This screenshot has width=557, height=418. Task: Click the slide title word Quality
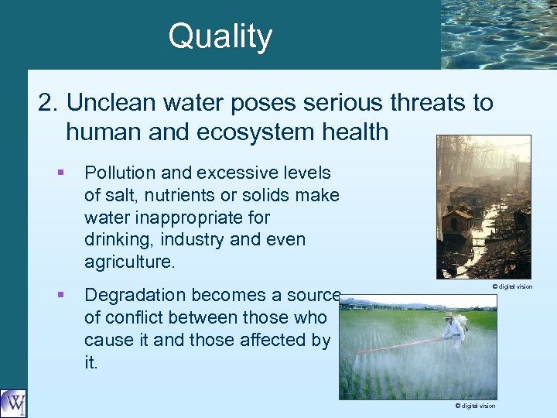pyautogui.click(x=220, y=37)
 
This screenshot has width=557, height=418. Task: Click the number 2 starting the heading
pyautogui.click(x=48, y=103)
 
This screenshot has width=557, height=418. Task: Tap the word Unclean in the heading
pyautogui.click(x=116, y=103)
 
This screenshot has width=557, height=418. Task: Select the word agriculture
pyautogui.click(x=128, y=262)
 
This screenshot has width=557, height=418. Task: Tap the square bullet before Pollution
pyautogui.click(x=60, y=172)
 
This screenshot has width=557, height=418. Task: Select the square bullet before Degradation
pyautogui.click(x=60, y=294)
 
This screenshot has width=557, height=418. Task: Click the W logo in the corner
pyautogui.click(x=13, y=403)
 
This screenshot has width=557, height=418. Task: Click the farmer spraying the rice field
pyautogui.click(x=453, y=329)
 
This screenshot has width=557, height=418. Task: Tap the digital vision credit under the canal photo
pyautogui.click(x=512, y=286)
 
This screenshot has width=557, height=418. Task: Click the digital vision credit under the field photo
pyautogui.click(x=475, y=406)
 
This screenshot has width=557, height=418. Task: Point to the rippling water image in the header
pyautogui.click(x=498, y=34)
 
